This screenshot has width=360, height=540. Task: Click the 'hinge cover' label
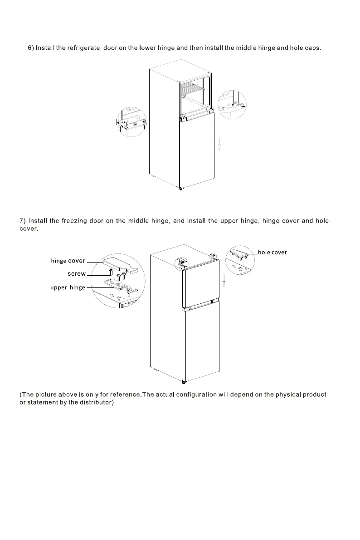point(68,261)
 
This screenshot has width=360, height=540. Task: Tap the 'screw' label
point(77,274)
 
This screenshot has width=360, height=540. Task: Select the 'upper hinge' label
point(68,287)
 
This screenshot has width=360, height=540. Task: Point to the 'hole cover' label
point(272,252)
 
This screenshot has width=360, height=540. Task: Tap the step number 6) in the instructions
point(31,48)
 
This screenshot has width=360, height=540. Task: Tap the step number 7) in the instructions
point(22,221)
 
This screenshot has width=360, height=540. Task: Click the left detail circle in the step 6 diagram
point(131,122)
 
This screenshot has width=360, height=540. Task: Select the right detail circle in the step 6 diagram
point(232,105)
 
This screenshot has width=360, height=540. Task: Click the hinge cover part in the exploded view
point(119,265)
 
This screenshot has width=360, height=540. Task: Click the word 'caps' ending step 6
point(312,48)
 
